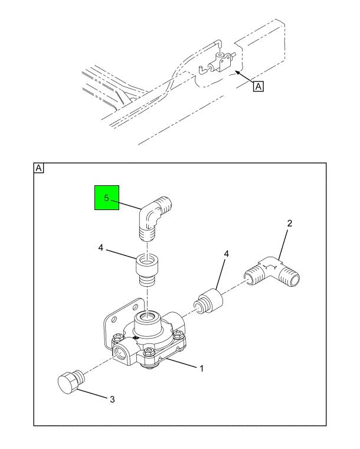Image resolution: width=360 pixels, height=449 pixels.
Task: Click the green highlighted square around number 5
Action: point(107,198)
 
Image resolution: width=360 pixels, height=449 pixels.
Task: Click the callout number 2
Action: point(290,223)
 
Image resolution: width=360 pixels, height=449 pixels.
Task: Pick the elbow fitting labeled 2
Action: point(272,272)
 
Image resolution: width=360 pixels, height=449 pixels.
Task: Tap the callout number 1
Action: point(201,369)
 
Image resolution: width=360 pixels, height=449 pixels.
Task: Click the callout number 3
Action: point(112,399)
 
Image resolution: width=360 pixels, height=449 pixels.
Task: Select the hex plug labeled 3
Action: point(70,381)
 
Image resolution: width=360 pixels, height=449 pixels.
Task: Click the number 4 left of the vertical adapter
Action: point(100,248)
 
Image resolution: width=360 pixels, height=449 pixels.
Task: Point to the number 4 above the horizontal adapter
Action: point(226,254)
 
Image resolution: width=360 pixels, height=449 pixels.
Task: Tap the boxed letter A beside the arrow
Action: point(258,86)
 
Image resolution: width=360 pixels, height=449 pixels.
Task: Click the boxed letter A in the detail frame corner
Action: point(39,168)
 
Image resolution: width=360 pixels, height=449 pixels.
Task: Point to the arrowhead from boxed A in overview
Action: point(238,73)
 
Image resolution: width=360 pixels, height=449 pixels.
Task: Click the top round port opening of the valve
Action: point(147,317)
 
